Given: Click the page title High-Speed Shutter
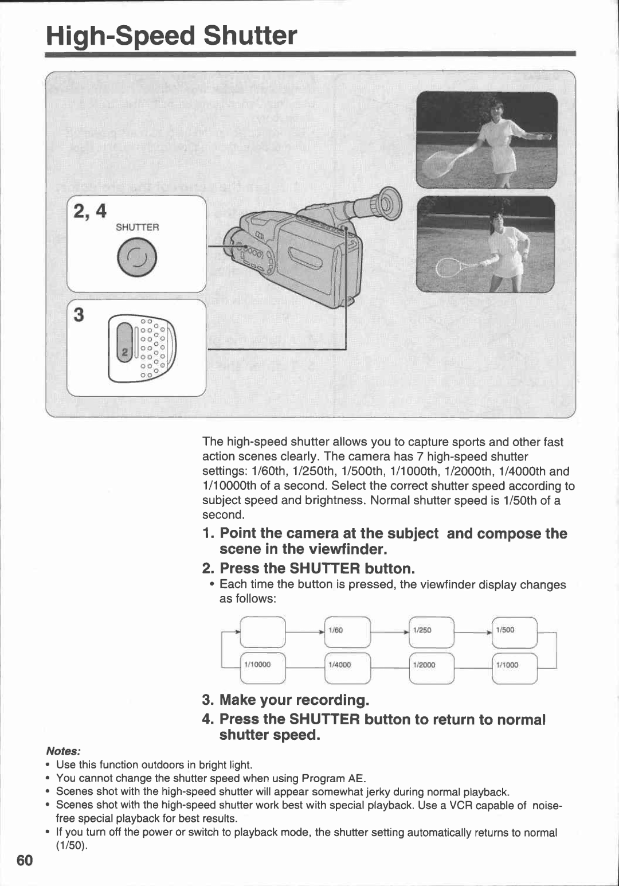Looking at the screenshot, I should (x=171, y=36).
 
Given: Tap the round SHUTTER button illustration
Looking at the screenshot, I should (x=137, y=258).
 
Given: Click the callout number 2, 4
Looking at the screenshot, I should (x=90, y=211).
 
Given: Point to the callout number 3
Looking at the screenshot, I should (x=79, y=315).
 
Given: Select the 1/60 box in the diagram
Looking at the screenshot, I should (x=347, y=631).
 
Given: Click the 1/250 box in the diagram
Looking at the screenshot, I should (x=431, y=631).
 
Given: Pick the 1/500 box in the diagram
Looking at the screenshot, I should (x=514, y=631).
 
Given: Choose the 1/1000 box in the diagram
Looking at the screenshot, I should (x=514, y=665).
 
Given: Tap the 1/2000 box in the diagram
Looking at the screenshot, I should (x=431, y=665).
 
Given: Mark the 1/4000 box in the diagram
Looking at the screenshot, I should (x=347, y=665).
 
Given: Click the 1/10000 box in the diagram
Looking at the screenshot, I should (x=263, y=665).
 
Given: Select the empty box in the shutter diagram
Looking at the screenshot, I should (x=263, y=631).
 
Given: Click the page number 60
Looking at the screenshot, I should (x=25, y=861).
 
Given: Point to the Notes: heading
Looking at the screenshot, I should (x=63, y=751).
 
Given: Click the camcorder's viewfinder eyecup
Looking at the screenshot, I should (x=389, y=203).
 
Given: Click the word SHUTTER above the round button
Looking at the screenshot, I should (x=137, y=227).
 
